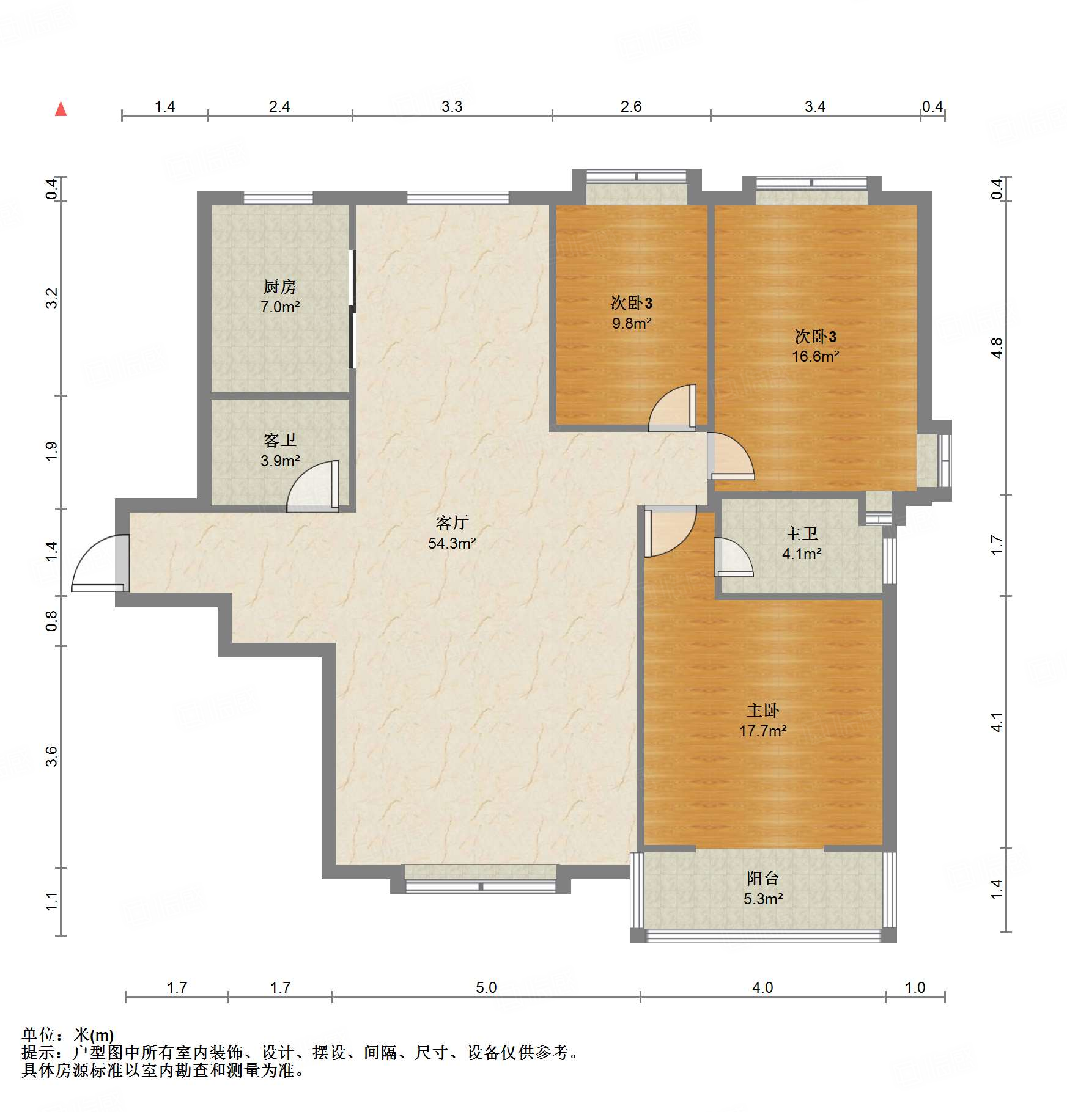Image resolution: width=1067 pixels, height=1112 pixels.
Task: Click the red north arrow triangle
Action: pos(61,109)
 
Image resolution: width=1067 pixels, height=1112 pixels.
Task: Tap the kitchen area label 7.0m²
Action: pos(280,307)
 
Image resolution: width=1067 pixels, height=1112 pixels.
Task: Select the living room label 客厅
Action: pos(452,522)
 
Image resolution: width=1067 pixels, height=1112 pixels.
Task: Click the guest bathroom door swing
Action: pos(312,486)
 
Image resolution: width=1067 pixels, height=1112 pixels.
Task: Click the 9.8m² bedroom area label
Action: pos(632,323)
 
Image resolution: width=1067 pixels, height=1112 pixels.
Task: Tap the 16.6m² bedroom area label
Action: pos(816,356)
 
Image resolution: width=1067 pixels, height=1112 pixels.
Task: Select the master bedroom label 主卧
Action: pos(762,710)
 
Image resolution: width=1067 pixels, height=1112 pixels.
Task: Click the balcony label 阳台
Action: pos(762,879)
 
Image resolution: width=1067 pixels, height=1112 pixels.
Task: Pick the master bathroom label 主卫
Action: pos(801,533)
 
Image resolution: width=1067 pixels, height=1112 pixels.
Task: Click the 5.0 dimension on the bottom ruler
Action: pos(486,987)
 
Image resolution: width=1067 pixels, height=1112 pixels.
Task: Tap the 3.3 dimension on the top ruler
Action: pos(452,106)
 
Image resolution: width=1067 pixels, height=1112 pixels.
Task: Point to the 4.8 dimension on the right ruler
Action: pos(997,348)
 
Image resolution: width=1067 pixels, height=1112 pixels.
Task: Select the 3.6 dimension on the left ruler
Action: pos(52,756)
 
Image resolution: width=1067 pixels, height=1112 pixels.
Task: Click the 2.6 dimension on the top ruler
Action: pos(631,106)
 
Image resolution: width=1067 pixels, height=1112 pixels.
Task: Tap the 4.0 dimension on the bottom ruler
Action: pos(762,987)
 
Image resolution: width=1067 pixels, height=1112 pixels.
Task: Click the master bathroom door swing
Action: pos(734,557)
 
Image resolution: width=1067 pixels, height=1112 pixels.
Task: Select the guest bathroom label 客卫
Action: pos(280,440)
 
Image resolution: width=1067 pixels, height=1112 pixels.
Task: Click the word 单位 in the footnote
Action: pos(38,1034)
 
